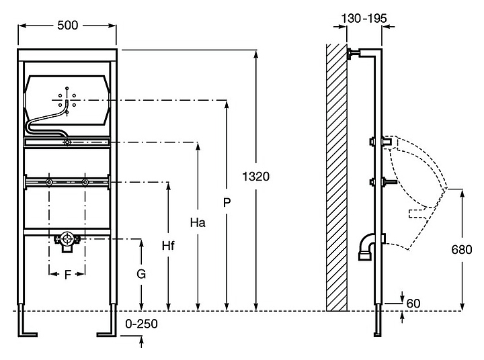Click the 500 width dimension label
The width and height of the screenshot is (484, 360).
pyautogui.click(x=68, y=25)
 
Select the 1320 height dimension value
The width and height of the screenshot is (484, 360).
pyautogui.click(x=257, y=177)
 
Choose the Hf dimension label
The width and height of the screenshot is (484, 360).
pyautogui.click(x=168, y=245)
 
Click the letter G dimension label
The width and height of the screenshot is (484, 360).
pyautogui.click(x=140, y=274)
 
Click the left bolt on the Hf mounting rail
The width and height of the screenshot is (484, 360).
pyautogui.click(x=49, y=182)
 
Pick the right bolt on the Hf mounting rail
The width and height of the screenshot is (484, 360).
pyautogui.click(x=85, y=182)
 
